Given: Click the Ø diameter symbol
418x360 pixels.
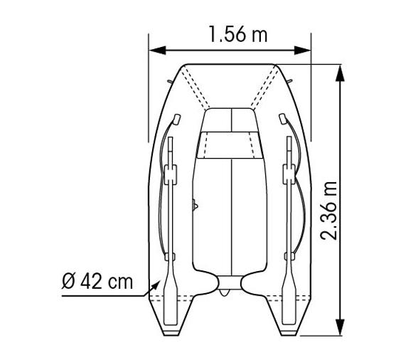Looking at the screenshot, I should point(68,281).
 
